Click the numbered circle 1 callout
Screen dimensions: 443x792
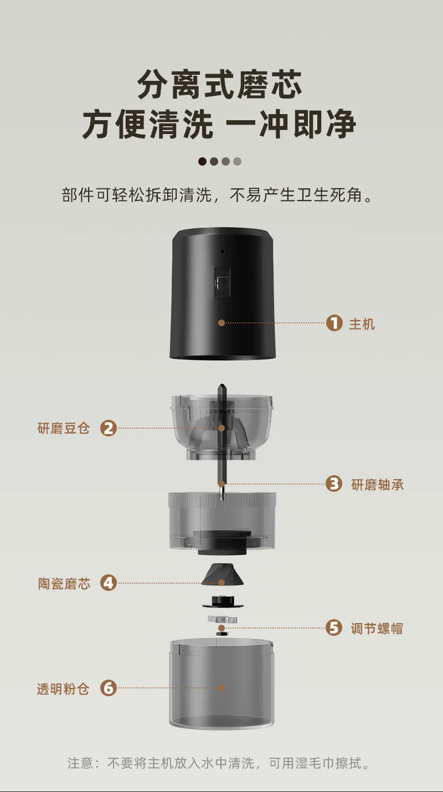click(x=334, y=323)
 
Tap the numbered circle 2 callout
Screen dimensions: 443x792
click(x=109, y=428)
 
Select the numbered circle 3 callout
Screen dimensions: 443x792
click(x=334, y=484)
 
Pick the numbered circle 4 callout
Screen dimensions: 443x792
click(x=109, y=583)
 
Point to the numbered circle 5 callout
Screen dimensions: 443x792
click(x=334, y=628)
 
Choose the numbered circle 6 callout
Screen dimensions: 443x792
click(x=109, y=688)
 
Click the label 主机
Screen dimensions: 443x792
click(x=362, y=323)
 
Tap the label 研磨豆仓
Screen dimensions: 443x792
click(x=64, y=428)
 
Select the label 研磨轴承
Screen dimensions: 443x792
click(x=377, y=485)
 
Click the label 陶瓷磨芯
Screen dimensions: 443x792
click(x=64, y=583)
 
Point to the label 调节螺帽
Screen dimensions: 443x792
click(x=377, y=629)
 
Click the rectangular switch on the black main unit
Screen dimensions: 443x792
click(x=223, y=282)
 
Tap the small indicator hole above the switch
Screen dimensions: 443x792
click(x=223, y=252)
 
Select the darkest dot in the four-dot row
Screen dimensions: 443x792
click(x=202, y=162)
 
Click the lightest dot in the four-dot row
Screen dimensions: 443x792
click(x=237, y=162)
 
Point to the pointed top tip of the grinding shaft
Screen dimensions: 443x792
click(x=221, y=385)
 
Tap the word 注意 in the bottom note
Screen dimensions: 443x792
click(x=80, y=763)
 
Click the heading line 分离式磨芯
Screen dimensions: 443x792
click(x=219, y=85)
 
